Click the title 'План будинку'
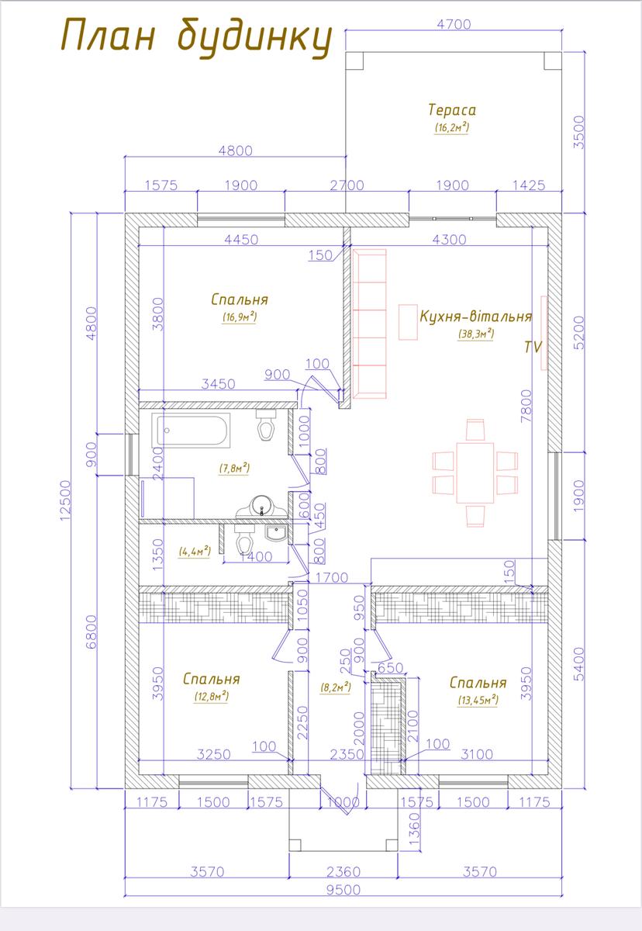(196, 39)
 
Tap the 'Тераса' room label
(452, 110)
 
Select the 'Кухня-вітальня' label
(476, 317)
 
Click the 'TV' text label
(533, 347)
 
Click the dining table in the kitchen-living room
(475, 473)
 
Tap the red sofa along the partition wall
(370, 324)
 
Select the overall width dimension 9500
(343, 890)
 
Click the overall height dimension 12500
(66, 500)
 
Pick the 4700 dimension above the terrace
(454, 25)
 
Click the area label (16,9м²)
(239, 317)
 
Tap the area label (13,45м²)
(478, 701)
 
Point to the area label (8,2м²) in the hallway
(336, 687)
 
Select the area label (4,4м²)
(195, 552)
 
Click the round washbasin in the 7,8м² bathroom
(261, 506)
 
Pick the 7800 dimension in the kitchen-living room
(526, 406)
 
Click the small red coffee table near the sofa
(408, 322)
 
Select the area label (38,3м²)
(476, 334)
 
